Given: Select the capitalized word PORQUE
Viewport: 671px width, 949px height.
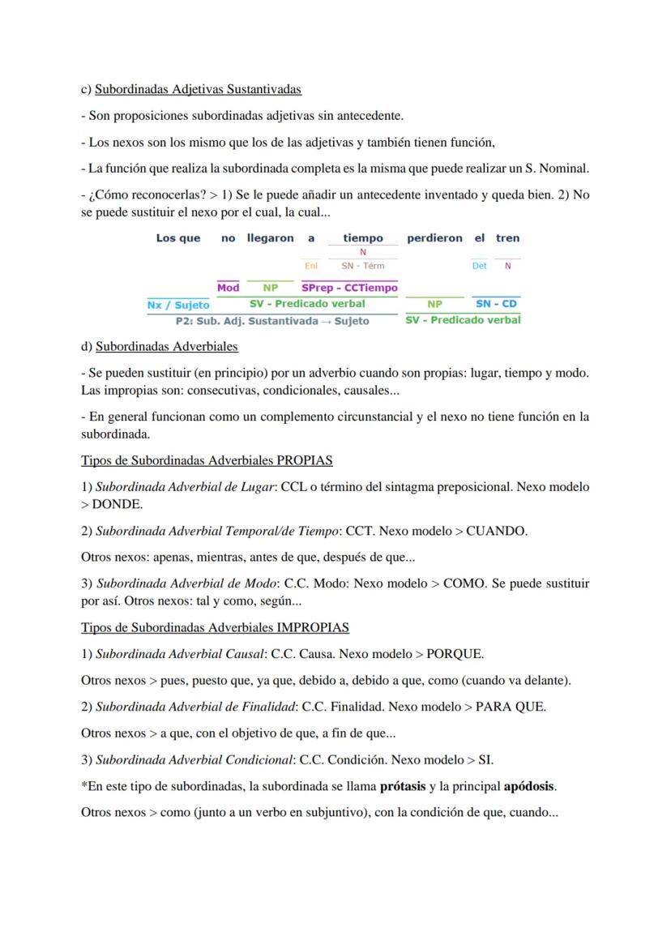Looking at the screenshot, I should click(455, 653).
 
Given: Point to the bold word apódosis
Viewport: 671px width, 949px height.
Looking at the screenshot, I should click(529, 785).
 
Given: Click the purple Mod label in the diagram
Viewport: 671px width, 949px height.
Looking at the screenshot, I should click(229, 288).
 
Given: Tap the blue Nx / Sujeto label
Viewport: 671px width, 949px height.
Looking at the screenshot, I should click(178, 305).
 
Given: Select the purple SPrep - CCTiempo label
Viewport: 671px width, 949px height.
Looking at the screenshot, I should click(349, 288).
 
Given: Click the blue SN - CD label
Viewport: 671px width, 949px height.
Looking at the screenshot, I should click(496, 304).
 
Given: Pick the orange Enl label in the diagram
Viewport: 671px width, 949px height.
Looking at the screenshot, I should click(311, 266).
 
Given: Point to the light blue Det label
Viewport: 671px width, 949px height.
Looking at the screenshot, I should click(479, 266).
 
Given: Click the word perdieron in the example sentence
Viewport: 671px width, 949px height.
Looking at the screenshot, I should click(434, 238).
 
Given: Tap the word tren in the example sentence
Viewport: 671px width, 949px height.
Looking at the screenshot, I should click(507, 238).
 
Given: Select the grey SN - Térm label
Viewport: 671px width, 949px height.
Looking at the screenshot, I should click(362, 266).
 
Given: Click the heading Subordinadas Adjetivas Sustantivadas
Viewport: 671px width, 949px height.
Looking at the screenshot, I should click(198, 89).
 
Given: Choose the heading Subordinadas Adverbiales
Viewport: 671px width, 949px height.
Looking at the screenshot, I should click(166, 346).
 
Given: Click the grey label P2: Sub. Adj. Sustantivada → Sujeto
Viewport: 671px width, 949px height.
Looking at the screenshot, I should click(272, 321).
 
